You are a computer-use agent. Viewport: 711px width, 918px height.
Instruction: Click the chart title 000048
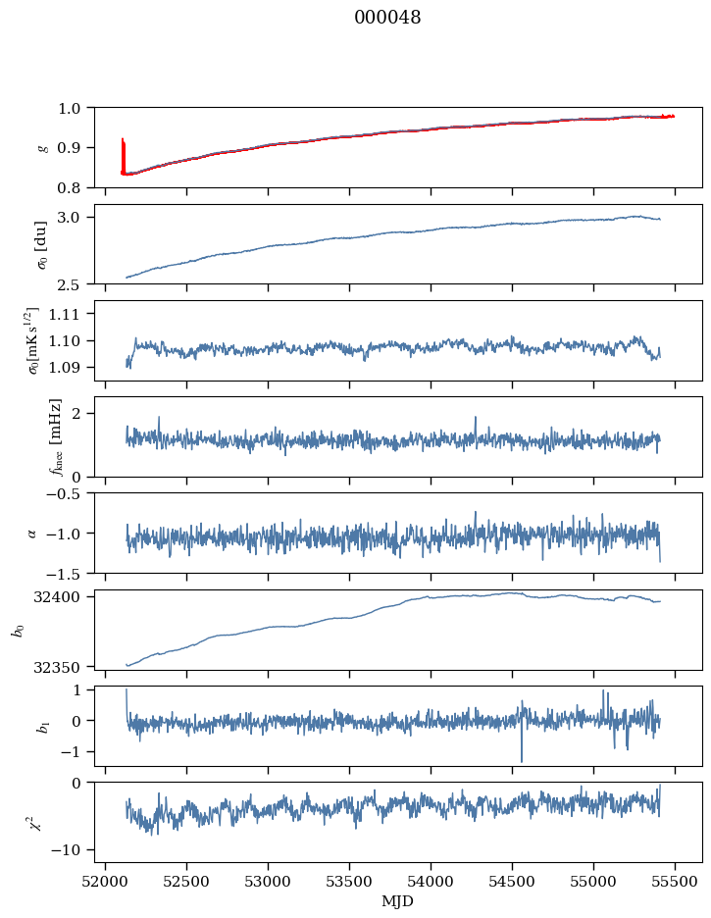tap(387, 18)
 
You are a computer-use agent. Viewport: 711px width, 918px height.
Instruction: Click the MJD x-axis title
tap(397, 901)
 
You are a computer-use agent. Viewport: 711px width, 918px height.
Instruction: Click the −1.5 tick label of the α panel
tap(69, 573)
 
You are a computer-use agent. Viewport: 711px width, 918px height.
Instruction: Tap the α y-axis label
tap(31, 534)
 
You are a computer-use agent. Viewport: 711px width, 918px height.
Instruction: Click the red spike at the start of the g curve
tap(123, 156)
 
